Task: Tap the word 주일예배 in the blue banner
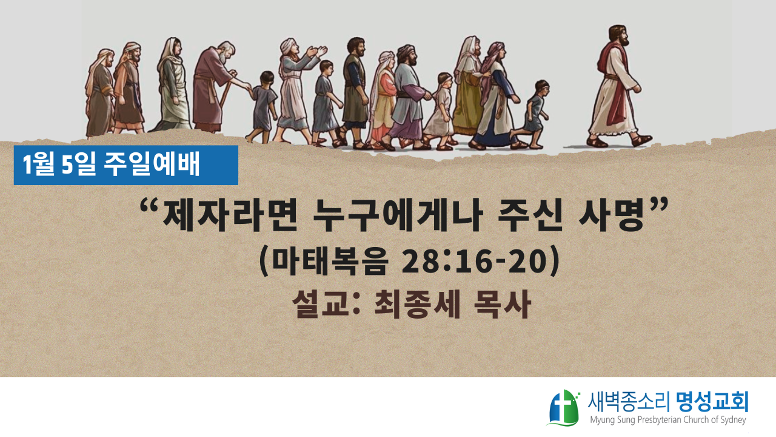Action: coord(152,164)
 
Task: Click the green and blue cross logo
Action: coord(563,408)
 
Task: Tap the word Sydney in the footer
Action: coord(732,421)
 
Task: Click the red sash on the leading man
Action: coord(615,83)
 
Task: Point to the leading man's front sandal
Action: coord(642,140)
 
